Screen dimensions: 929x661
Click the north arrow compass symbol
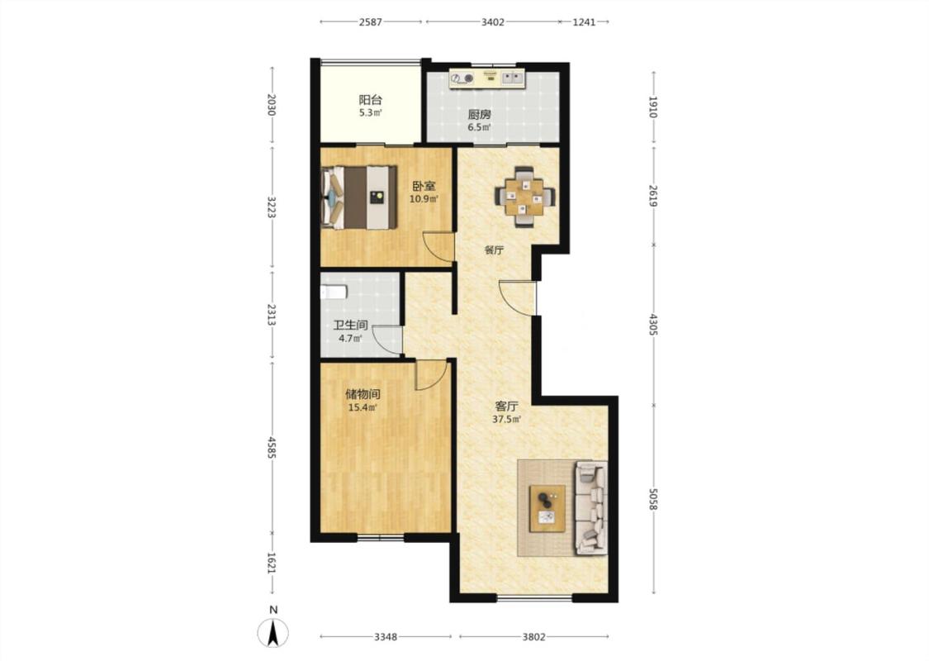273,633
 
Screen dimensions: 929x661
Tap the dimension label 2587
370,22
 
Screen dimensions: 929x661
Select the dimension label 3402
492,22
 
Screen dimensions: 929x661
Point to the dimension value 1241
584,22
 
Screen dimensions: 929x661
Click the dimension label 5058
653,499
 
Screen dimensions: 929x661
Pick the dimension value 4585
272,448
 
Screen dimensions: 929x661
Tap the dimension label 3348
385,637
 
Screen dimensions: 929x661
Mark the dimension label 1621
272,564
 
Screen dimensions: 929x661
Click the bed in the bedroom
358,197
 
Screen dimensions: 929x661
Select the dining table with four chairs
525,196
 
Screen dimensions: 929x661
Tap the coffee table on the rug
547,508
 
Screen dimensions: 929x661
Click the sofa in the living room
591,508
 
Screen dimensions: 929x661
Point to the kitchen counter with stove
487,78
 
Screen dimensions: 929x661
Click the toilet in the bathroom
333,292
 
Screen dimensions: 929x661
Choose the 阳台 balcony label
370,100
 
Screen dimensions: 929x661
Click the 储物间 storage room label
363,393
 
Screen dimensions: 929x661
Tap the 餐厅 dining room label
494,250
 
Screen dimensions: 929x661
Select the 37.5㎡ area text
506,420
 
